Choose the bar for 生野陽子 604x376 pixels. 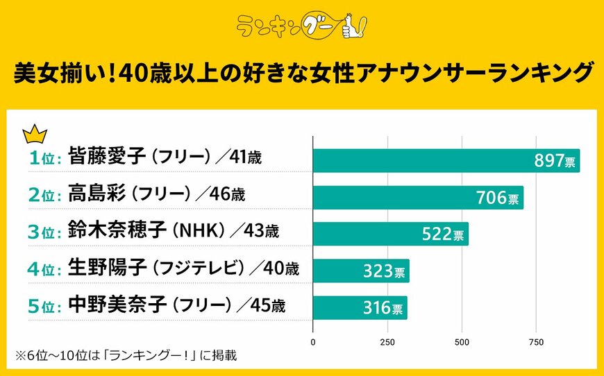tap(361, 271)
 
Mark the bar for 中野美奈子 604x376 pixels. tap(360, 307)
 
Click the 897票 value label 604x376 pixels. tap(554, 161)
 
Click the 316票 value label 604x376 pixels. tap(381, 307)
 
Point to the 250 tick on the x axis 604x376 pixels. tap(387, 342)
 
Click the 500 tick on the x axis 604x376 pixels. tap(462, 342)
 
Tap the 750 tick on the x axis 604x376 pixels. tap(536, 342)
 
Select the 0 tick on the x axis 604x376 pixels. tap(313, 342)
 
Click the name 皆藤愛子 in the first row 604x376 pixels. tap(107, 157)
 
